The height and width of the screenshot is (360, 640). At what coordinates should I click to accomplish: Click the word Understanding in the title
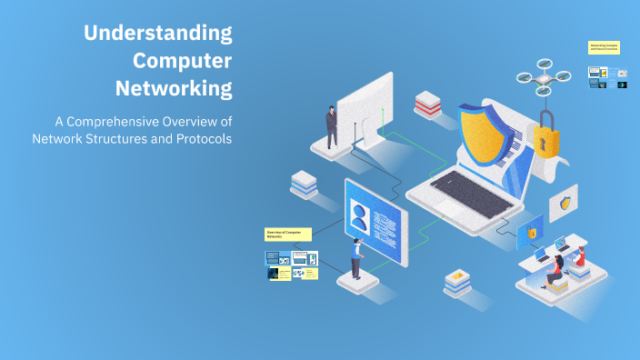(157, 34)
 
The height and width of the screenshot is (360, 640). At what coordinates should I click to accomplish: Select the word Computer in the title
(182, 62)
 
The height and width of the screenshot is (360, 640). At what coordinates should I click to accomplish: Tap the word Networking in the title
(174, 90)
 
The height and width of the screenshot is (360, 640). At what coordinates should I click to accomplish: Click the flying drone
(543, 80)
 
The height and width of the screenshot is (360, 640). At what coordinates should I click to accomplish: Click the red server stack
(427, 104)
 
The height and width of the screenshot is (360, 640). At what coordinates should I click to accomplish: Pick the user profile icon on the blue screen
(360, 219)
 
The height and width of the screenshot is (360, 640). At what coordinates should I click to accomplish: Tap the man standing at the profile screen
(356, 259)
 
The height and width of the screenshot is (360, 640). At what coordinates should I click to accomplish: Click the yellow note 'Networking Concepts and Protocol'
(604, 47)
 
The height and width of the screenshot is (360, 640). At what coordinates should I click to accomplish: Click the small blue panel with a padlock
(531, 232)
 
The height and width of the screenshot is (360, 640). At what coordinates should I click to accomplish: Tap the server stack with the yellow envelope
(456, 282)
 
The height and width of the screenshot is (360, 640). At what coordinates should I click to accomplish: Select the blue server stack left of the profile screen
(304, 184)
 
